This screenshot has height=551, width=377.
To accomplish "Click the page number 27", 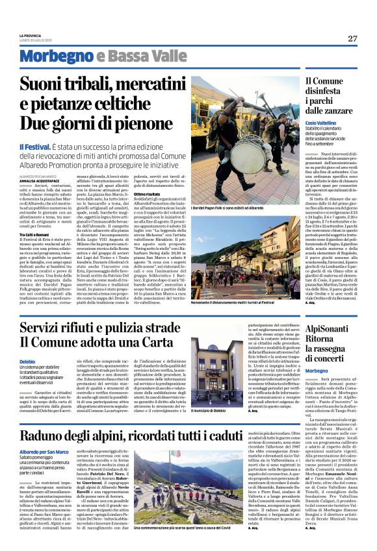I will (352, 38).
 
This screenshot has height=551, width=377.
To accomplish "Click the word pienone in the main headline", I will (133, 123).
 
